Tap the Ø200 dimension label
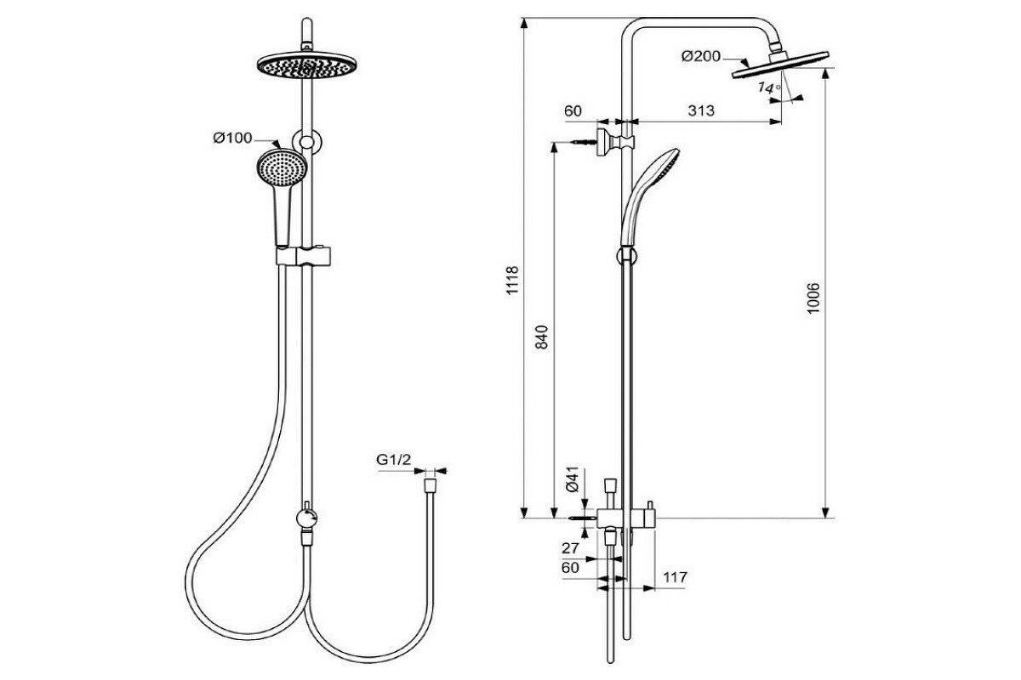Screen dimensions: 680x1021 point(700,57)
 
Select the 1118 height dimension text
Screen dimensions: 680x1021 point(512,281)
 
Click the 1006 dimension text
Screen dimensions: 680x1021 point(812,297)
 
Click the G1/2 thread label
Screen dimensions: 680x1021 point(394,460)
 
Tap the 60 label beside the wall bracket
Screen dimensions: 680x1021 point(573,110)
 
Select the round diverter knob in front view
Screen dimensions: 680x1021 point(305,515)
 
